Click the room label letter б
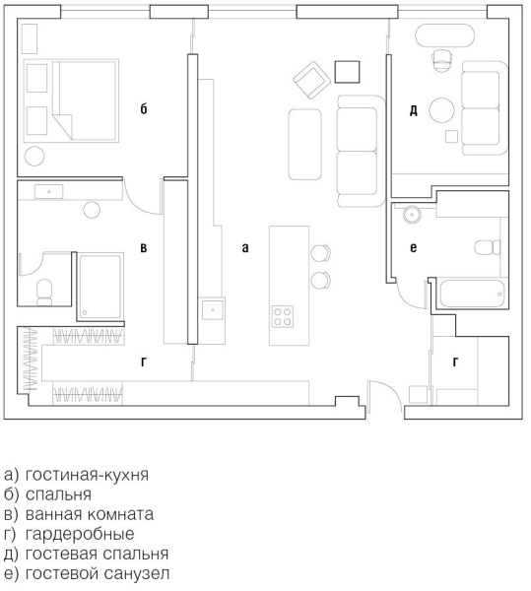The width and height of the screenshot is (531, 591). tap(144, 109)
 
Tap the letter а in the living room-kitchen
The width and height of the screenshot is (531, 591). tap(245, 247)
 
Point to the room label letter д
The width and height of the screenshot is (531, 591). tap(414, 110)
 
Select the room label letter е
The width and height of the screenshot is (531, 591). tap(414, 247)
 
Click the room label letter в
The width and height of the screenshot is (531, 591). tap(144, 247)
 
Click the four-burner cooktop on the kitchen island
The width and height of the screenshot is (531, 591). tap(283, 316)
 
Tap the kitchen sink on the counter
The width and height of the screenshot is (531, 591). tap(213, 309)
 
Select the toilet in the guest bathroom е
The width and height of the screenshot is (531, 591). tap(488, 247)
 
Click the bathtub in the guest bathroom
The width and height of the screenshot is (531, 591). tap(472, 294)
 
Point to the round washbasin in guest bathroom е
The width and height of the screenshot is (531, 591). tap(411, 215)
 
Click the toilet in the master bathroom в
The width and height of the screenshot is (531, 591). tap(44, 293)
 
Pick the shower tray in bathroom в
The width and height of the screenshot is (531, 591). tap(100, 287)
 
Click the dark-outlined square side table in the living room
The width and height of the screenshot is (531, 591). tap(347, 72)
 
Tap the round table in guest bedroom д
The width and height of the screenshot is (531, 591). tap(441, 110)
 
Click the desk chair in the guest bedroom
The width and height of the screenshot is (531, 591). tap(441, 60)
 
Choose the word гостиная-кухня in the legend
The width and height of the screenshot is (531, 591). tap(87, 475)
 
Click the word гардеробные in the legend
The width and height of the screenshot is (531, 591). tap(80, 534)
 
